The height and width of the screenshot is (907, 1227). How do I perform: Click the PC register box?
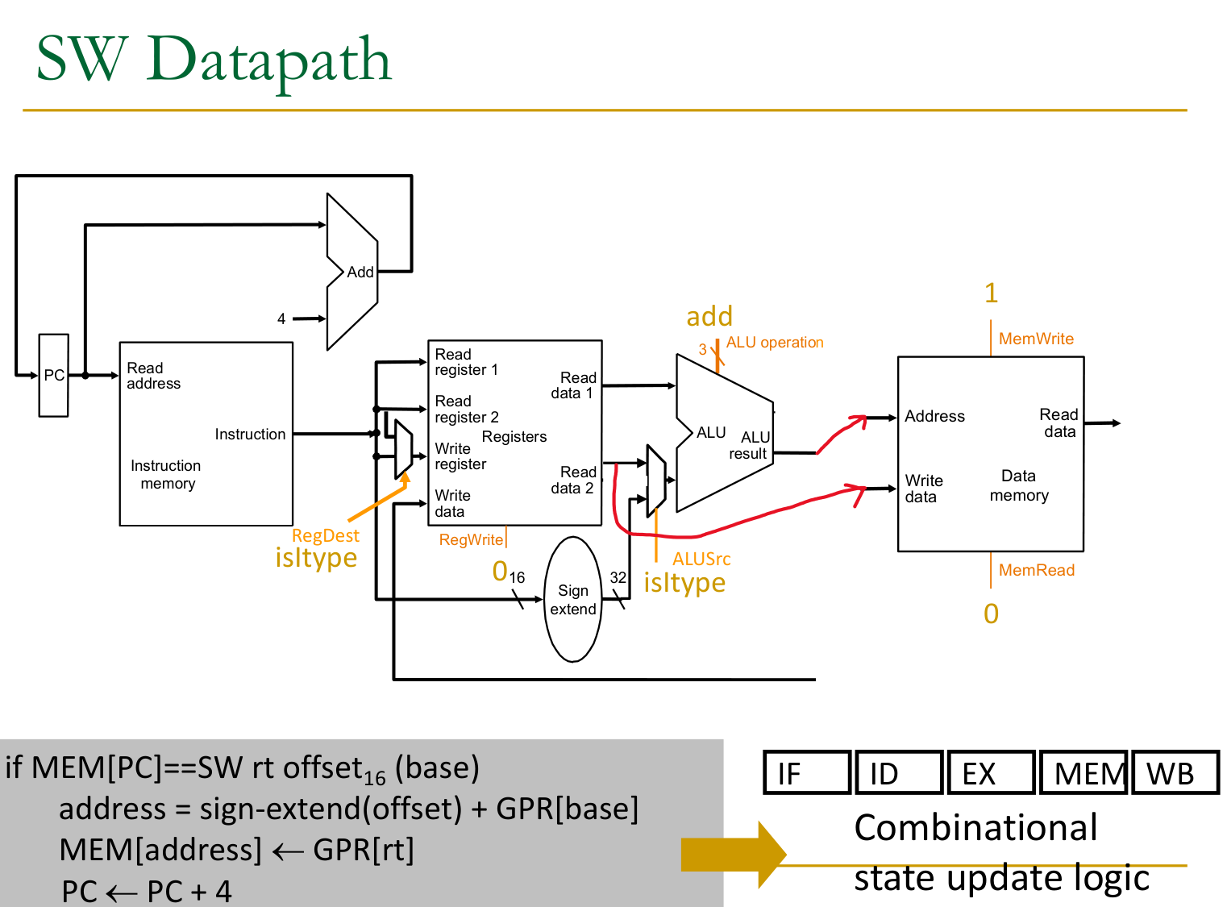pyautogui.click(x=53, y=375)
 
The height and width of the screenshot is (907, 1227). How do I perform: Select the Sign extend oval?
pyautogui.click(x=573, y=600)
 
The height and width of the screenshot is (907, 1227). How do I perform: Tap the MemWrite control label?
pyautogui.click(x=1036, y=339)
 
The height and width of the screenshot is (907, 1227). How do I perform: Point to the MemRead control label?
pyautogui.click(x=1037, y=570)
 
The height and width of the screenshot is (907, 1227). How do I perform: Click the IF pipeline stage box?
pyautogui.click(x=807, y=772)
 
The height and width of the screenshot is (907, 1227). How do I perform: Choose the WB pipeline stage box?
pyautogui.click(x=1175, y=772)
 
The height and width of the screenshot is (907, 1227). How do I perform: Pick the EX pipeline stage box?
pyautogui.click(x=991, y=772)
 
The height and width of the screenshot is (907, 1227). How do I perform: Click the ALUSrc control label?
pyautogui.click(x=701, y=559)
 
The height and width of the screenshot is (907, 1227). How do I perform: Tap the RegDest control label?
pyautogui.click(x=326, y=535)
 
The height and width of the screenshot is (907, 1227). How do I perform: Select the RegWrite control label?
pyautogui.click(x=471, y=539)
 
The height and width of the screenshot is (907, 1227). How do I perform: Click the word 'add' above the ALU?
pyautogui.click(x=709, y=316)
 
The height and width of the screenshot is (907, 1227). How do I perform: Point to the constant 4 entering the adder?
pyautogui.click(x=281, y=319)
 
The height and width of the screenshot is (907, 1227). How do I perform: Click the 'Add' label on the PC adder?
pyautogui.click(x=360, y=273)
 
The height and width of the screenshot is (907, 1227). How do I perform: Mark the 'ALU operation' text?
pyautogui.click(x=775, y=343)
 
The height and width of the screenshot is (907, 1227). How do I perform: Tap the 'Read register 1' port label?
pyautogui.click(x=466, y=362)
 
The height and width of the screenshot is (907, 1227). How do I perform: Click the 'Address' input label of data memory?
pyautogui.click(x=934, y=416)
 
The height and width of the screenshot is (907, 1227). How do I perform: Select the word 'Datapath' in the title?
pyautogui.click(x=268, y=60)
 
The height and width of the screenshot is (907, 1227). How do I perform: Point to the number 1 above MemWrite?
pyautogui.click(x=992, y=293)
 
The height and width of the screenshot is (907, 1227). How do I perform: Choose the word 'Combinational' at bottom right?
pyautogui.click(x=975, y=828)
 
